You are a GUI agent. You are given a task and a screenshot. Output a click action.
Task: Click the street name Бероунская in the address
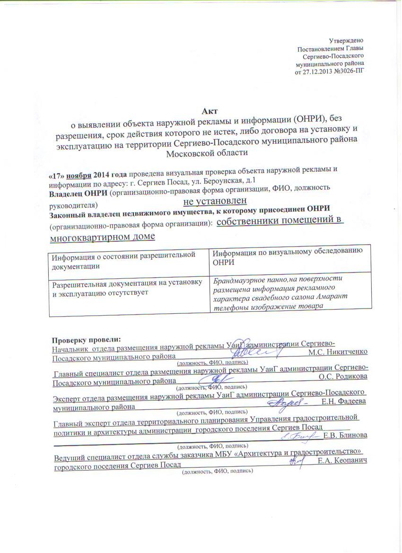(x=224, y=179)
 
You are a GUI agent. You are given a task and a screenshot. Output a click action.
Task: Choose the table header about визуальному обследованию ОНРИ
(x=288, y=255)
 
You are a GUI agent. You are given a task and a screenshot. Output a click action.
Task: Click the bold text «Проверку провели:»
(x=86, y=339)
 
